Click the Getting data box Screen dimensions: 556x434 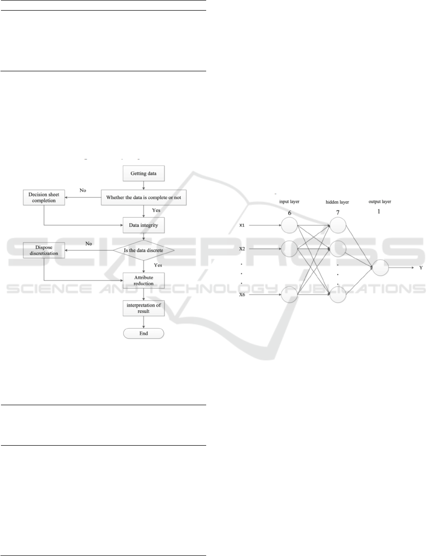(144, 173)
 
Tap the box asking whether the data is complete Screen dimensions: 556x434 (144, 197)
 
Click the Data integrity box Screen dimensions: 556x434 (144, 225)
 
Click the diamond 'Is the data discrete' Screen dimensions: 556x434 (144, 250)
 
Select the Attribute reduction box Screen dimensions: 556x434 (144, 280)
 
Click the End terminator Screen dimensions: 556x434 (144, 333)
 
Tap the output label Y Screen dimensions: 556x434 (421, 267)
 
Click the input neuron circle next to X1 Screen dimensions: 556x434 (290, 225)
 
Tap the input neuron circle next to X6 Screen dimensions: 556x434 (290, 294)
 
